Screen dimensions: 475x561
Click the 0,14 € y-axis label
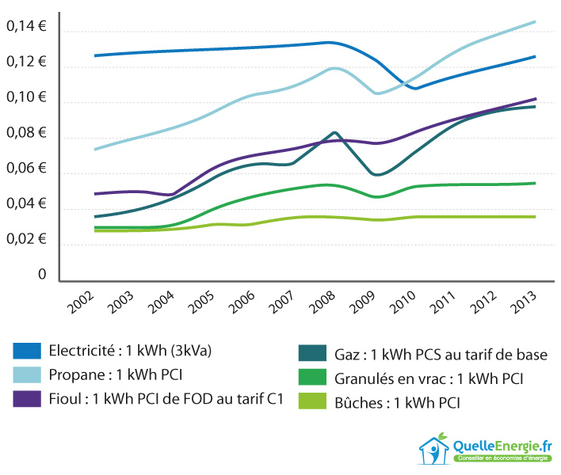coord(25,27)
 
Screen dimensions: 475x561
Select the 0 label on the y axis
coord(42,275)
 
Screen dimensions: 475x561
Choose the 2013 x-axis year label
coord(540,302)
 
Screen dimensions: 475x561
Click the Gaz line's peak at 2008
coord(334,132)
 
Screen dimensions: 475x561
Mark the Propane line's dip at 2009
coord(377,93)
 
